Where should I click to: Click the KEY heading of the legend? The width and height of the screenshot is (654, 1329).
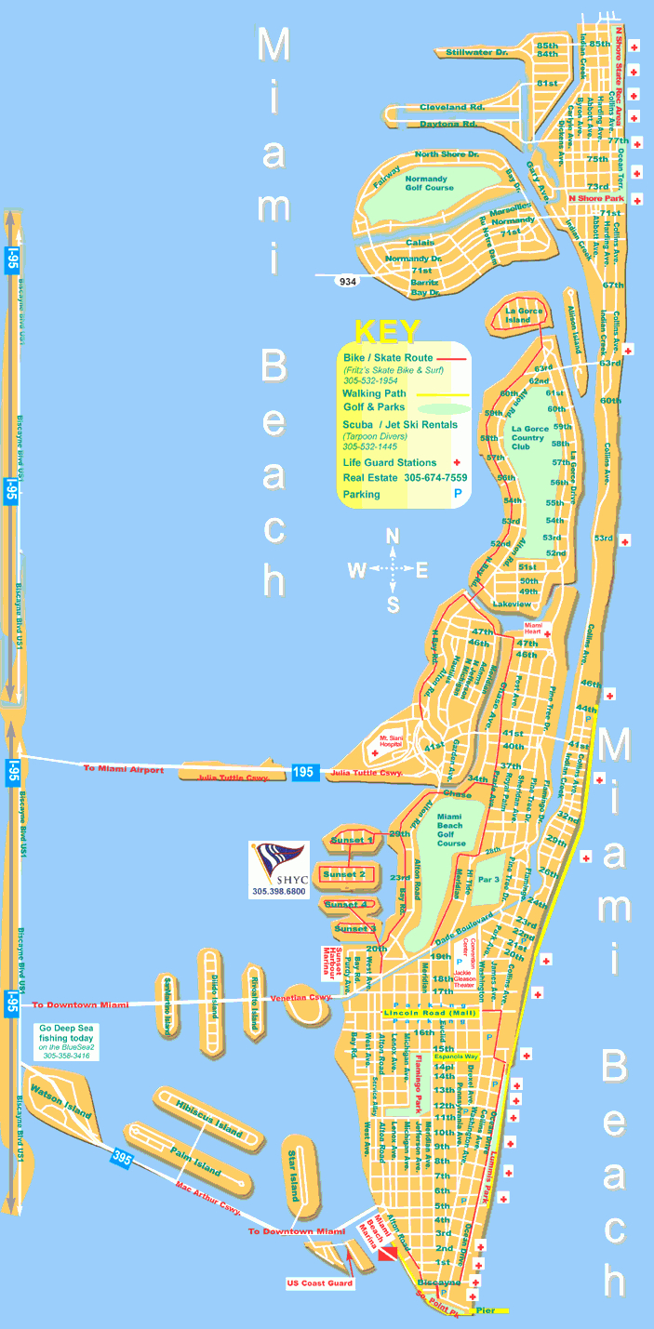[x=387, y=331]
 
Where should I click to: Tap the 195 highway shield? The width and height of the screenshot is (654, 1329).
[x=306, y=772]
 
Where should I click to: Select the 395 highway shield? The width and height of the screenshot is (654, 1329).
[x=122, y=1158]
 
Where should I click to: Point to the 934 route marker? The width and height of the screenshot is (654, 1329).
[x=348, y=281]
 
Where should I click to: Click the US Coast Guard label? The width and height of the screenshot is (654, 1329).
[x=319, y=1284]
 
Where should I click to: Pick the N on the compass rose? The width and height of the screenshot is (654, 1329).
[x=393, y=537]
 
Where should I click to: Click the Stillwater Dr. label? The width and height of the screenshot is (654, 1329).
[x=476, y=53]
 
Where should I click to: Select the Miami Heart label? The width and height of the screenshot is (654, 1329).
[x=533, y=628]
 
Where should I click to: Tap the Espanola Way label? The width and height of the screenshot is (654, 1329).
[x=481, y=1057]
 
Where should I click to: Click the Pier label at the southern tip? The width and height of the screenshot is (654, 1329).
[x=485, y=1310]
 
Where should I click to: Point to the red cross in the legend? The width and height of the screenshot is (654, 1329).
[x=456, y=462]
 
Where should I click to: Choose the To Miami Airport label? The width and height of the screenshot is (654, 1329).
[x=123, y=769]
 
